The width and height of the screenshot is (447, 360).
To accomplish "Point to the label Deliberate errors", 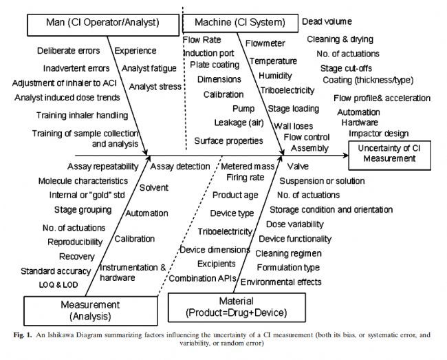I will [x=68, y=51].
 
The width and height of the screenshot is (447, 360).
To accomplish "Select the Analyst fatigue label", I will [x=149, y=68].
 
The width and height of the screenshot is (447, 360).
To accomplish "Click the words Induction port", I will [x=208, y=52].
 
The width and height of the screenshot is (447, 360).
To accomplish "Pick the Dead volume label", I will [x=327, y=22].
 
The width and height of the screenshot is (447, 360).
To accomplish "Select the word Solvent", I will [x=153, y=187].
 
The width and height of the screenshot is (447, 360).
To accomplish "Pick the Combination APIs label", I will [x=203, y=278].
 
